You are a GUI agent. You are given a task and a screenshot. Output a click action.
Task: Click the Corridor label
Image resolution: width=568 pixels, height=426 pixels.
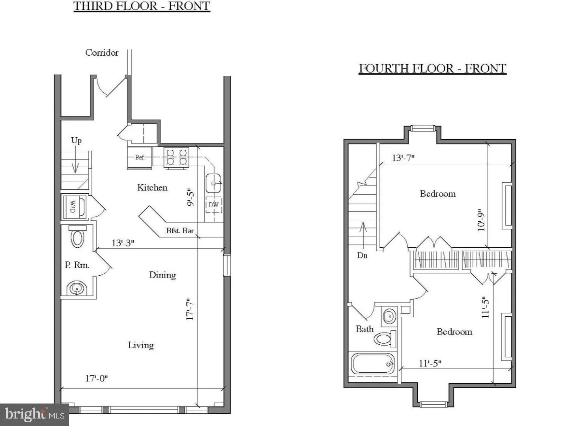point(102,52)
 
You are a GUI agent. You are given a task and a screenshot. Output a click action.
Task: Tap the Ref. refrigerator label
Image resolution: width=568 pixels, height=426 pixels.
point(140,157)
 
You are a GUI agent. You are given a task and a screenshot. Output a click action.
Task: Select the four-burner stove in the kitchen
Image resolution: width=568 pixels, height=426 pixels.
point(176,157)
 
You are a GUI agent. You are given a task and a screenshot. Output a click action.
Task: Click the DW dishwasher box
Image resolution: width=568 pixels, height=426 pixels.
point(214,205)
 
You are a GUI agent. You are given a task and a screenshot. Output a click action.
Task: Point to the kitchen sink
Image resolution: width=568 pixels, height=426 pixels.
point(213,183)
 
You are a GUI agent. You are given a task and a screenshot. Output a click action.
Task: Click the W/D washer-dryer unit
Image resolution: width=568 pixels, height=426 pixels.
point(75,206)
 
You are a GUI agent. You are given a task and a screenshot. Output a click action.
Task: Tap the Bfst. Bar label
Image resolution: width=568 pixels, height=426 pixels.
point(180,230)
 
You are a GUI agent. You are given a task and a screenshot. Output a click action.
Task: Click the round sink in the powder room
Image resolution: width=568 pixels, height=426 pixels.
point(77,288)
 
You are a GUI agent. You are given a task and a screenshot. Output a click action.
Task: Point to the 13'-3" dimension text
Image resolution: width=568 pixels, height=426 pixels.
point(123,243)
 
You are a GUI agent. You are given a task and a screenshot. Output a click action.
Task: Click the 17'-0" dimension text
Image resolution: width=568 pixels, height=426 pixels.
point(97,378)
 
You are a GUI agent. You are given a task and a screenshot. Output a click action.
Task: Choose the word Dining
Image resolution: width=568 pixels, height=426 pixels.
point(163,275)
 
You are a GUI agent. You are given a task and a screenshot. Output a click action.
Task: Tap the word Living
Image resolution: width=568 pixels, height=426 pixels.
point(141,345)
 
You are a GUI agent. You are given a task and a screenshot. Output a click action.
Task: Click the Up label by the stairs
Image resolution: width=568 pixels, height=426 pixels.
point(77,141)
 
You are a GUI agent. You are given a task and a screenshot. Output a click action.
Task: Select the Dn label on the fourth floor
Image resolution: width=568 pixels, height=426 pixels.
point(362,256)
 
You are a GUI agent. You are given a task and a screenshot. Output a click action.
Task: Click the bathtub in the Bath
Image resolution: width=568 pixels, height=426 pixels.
point(373,364)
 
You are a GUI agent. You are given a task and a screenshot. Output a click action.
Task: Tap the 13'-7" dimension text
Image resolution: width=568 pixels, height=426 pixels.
point(404,158)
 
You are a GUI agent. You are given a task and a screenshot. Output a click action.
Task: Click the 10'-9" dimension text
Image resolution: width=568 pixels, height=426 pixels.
point(481,220)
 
